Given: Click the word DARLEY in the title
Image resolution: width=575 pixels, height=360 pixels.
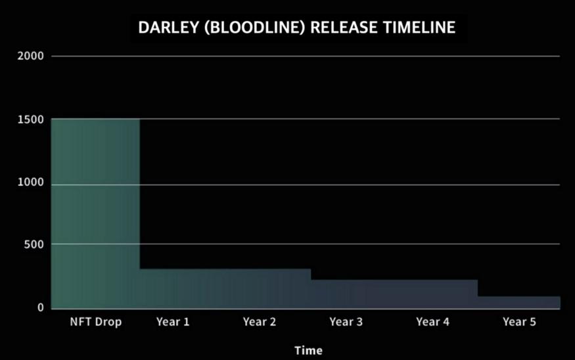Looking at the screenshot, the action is [168, 28].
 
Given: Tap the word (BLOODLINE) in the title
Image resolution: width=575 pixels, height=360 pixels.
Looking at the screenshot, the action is [254, 28].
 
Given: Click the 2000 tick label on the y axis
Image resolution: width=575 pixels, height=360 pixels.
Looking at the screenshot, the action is [30, 56].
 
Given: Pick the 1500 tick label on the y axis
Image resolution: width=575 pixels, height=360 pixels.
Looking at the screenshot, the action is [30, 120].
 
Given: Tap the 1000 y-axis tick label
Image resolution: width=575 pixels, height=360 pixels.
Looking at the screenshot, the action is [30, 182].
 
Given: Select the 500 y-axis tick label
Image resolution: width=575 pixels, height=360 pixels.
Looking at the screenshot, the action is [34, 244].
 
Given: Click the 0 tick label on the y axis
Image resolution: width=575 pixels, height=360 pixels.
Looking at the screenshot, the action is [40, 307].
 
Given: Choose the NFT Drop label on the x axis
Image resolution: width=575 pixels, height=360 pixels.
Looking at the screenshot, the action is [96, 322].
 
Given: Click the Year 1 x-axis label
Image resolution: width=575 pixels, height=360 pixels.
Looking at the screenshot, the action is [173, 322].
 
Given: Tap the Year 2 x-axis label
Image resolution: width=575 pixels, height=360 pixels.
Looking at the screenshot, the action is [260, 322].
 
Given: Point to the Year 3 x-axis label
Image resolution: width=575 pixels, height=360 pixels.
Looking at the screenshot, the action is [346, 322].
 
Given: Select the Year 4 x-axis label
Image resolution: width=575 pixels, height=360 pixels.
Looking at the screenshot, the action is [432, 322].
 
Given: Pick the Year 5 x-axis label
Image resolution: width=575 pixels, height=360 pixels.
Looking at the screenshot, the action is [519, 322].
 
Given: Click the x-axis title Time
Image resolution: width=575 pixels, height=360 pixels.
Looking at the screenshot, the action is [308, 350].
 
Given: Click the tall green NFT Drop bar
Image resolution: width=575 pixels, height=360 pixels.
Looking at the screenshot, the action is [95, 214].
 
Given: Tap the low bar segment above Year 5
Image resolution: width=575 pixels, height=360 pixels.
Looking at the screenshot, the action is [519, 303].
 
